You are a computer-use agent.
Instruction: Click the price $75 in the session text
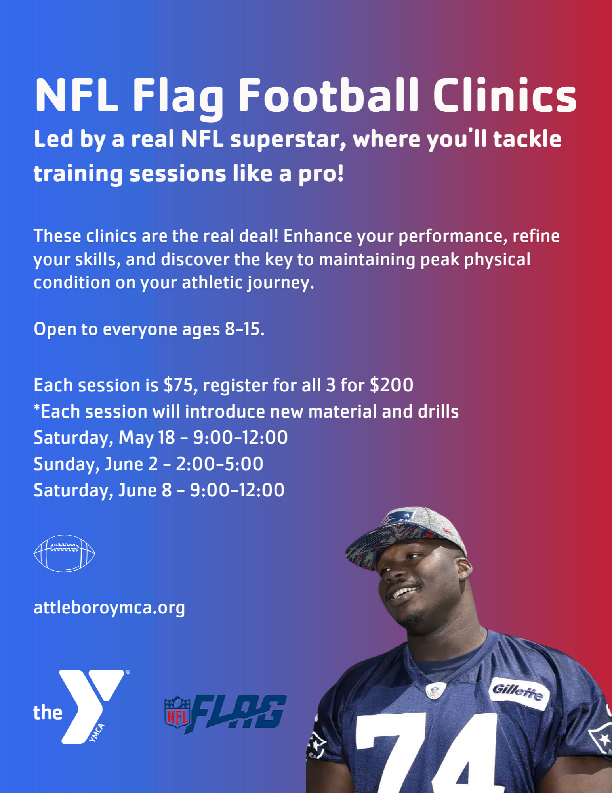pyautogui.click(x=178, y=385)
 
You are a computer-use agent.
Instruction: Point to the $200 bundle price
pyautogui.click(x=391, y=385)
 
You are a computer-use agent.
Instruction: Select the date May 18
pyautogui.click(x=147, y=438)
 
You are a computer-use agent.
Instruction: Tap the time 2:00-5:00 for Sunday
pyautogui.click(x=219, y=464)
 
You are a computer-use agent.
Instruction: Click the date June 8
pyautogui.click(x=145, y=490)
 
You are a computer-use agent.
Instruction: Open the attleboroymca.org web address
pyautogui.click(x=109, y=608)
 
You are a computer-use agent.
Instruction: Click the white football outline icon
pyautogui.click(x=64, y=554)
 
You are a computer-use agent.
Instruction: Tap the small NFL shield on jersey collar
pyautogui.click(x=435, y=691)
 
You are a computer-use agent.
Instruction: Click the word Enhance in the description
pyautogui.click(x=317, y=236)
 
